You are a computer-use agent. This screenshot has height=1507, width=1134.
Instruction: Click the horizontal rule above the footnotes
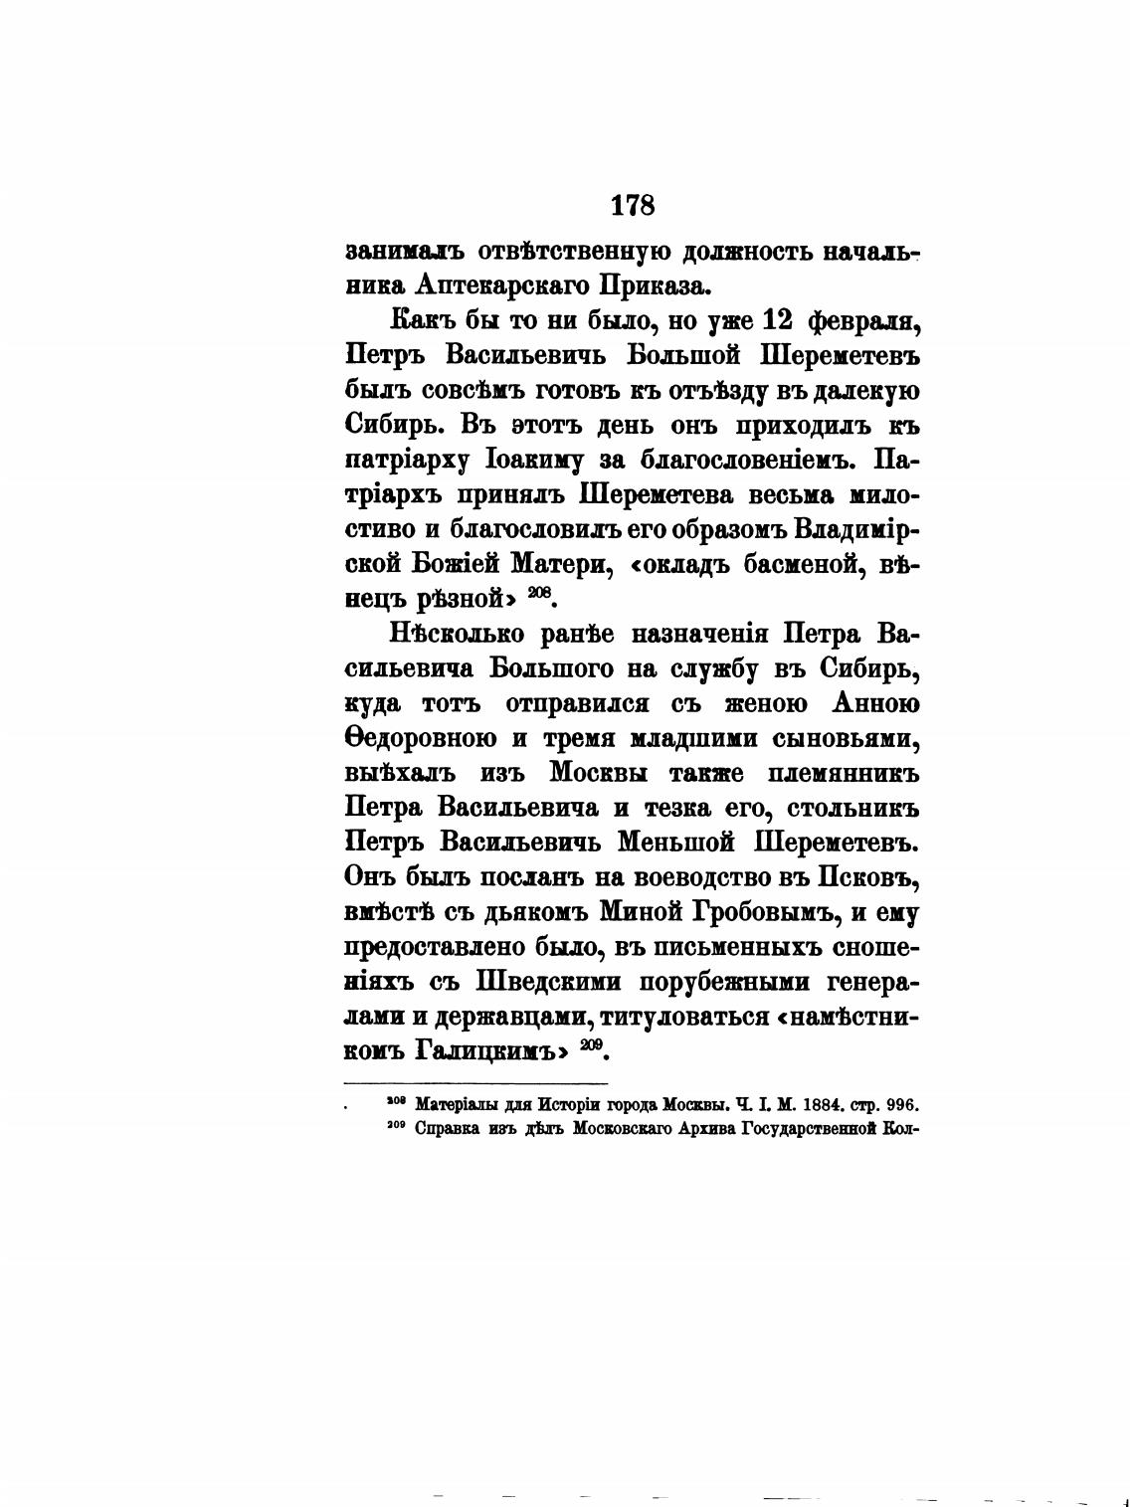(475, 1082)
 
